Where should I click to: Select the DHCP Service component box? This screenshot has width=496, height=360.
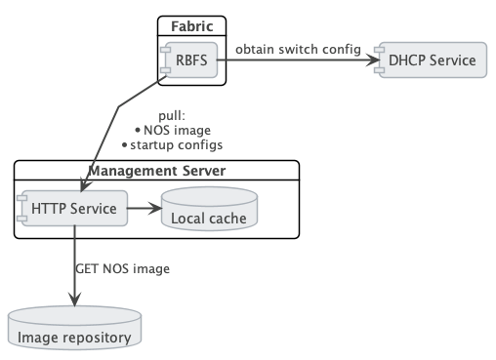tap(431, 60)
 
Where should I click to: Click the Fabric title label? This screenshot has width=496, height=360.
tap(192, 26)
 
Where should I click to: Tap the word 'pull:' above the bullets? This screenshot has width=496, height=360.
tap(172, 115)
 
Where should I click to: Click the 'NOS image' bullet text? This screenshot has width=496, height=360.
tap(176, 130)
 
